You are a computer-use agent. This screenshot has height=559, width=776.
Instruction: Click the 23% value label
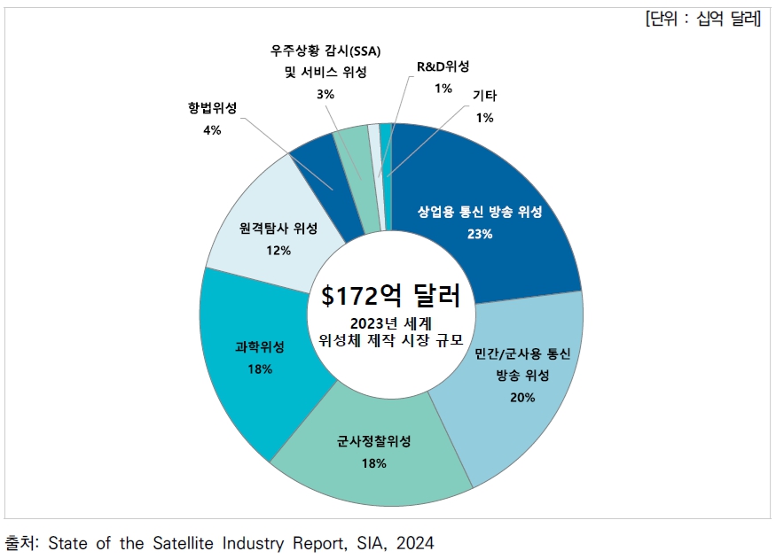pos(480,234)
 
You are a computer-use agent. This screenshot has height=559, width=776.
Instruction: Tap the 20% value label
pos(522,397)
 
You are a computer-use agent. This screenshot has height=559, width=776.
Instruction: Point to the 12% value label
pos(278,250)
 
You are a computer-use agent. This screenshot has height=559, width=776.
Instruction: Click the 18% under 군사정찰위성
pos(373,463)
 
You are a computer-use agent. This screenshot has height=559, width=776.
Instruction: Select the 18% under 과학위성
pos(260,368)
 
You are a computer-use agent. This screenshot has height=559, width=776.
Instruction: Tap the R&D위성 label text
pos(443,66)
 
